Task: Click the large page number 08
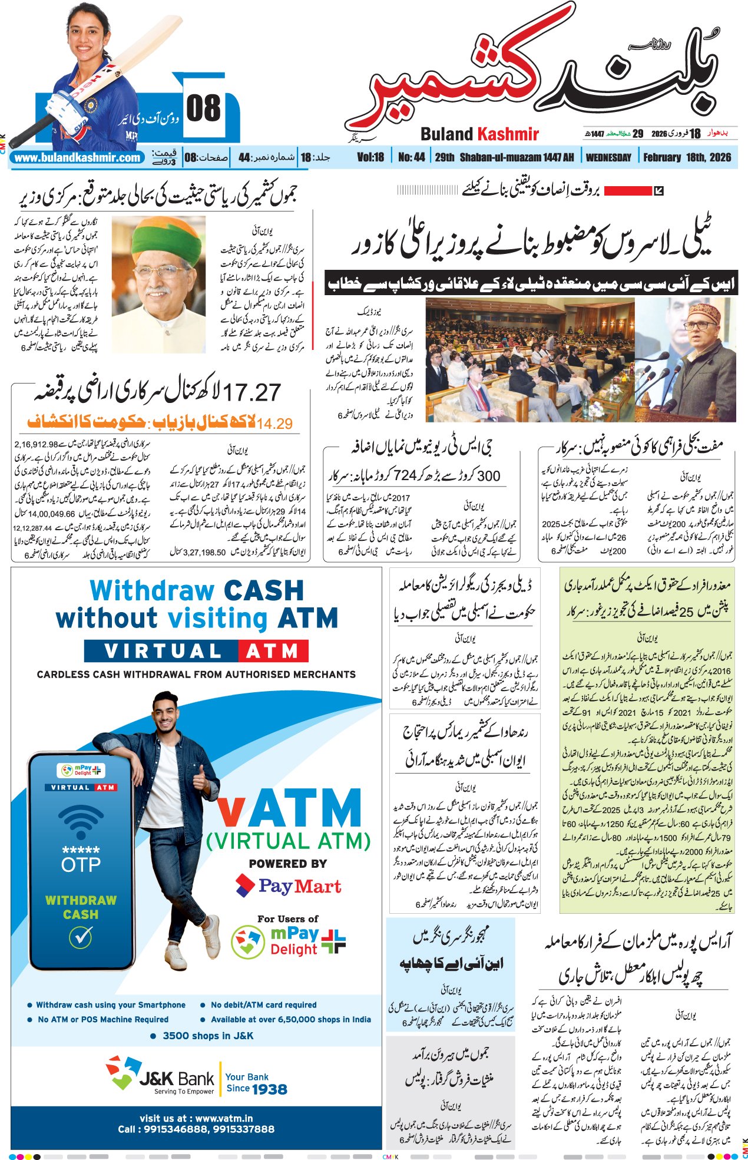pyautogui.click(x=203, y=109)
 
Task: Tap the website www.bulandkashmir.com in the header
pyautogui.click(x=78, y=158)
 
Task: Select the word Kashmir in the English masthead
pyautogui.click(x=508, y=134)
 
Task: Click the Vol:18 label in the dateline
pyautogui.click(x=370, y=157)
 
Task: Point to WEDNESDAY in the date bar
pyautogui.click(x=608, y=157)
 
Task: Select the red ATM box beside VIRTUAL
pyautogui.click(x=273, y=651)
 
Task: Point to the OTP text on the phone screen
pyautogui.click(x=81, y=865)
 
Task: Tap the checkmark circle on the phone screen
pyautogui.click(x=81, y=936)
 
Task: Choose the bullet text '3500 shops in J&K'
pyautogui.click(x=208, y=1036)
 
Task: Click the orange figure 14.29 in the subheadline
pyautogui.click(x=274, y=424)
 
